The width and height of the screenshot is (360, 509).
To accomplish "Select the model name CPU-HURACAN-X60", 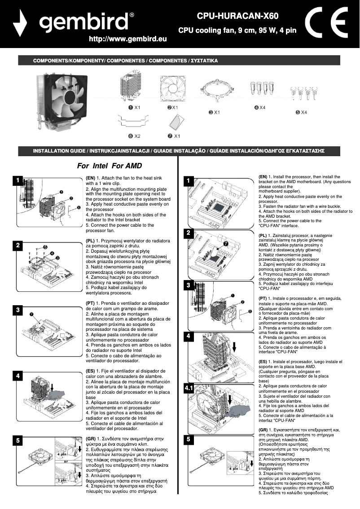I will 237,17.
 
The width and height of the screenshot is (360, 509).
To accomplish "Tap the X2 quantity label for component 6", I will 137,136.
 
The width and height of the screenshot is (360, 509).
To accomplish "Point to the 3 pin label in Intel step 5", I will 61,480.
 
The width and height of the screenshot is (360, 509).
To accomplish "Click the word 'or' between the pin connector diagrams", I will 66,461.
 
